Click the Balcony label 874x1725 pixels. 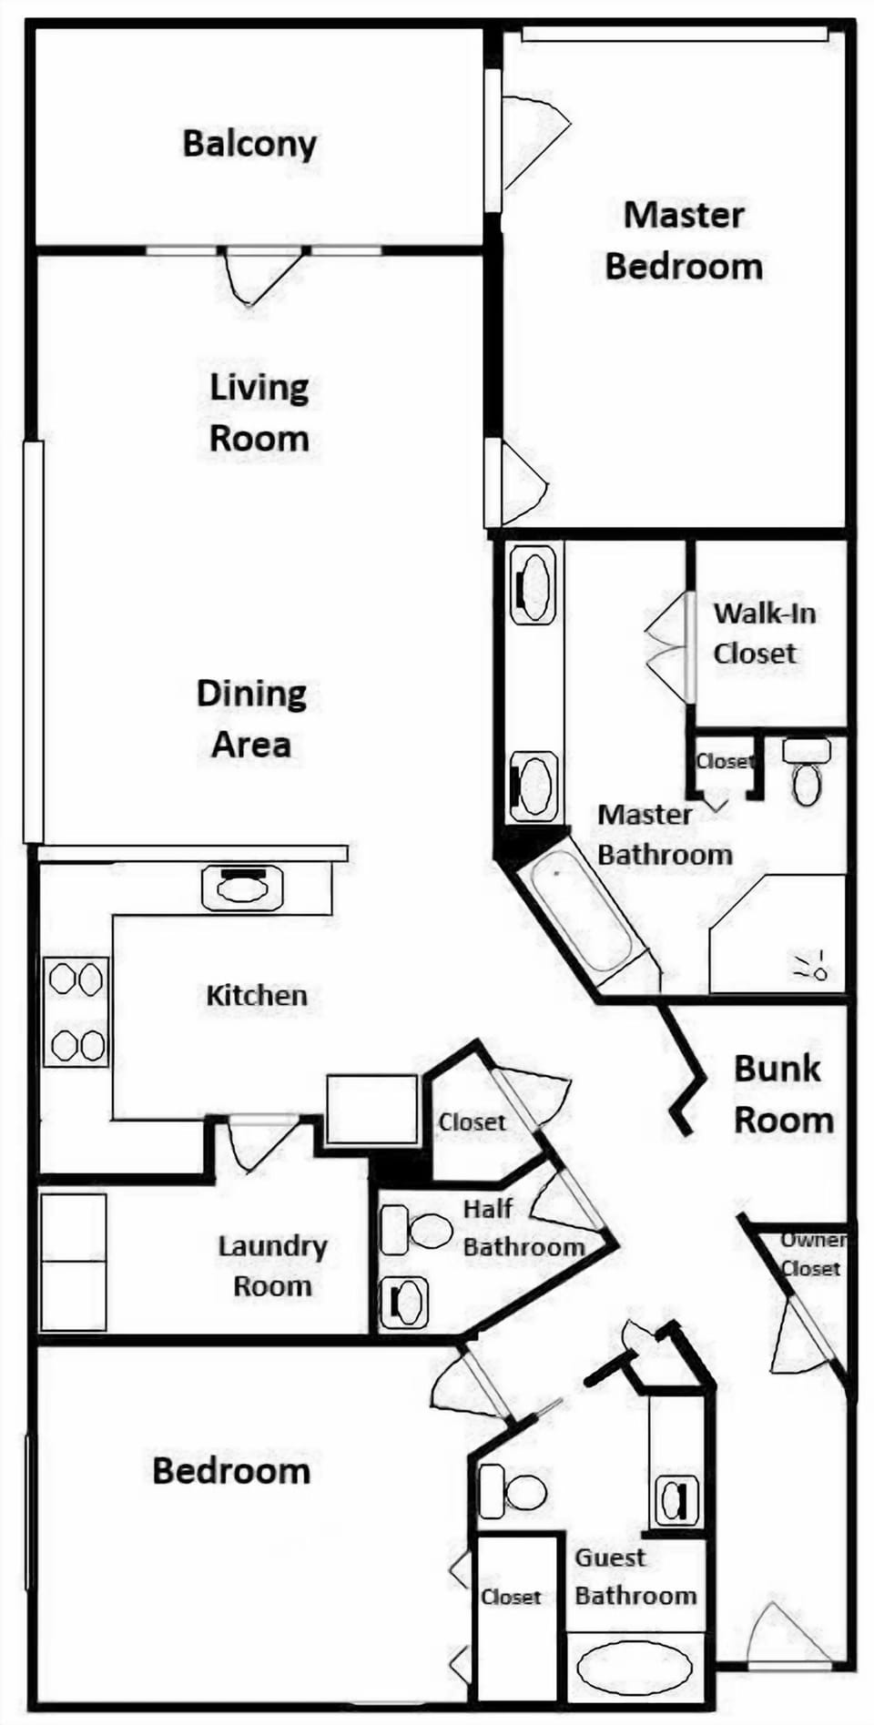click(249, 144)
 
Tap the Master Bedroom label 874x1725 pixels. click(684, 241)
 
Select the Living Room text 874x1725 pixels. click(259, 412)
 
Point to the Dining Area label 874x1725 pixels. click(251, 718)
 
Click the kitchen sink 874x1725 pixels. click(241, 888)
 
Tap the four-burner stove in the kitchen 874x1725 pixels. click(76, 1011)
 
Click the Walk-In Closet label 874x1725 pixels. click(764, 633)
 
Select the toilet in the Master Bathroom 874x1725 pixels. click(807, 772)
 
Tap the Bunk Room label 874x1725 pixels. click(783, 1093)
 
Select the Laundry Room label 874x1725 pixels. click(272, 1265)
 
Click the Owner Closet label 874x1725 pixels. click(811, 1253)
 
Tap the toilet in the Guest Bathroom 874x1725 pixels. click(512, 1491)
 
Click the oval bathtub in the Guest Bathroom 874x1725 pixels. click(635, 1667)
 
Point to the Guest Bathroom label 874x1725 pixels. click(635, 1576)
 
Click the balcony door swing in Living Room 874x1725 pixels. click(263, 277)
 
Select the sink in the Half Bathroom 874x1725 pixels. click(403, 1303)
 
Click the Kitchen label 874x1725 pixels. click(257, 995)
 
